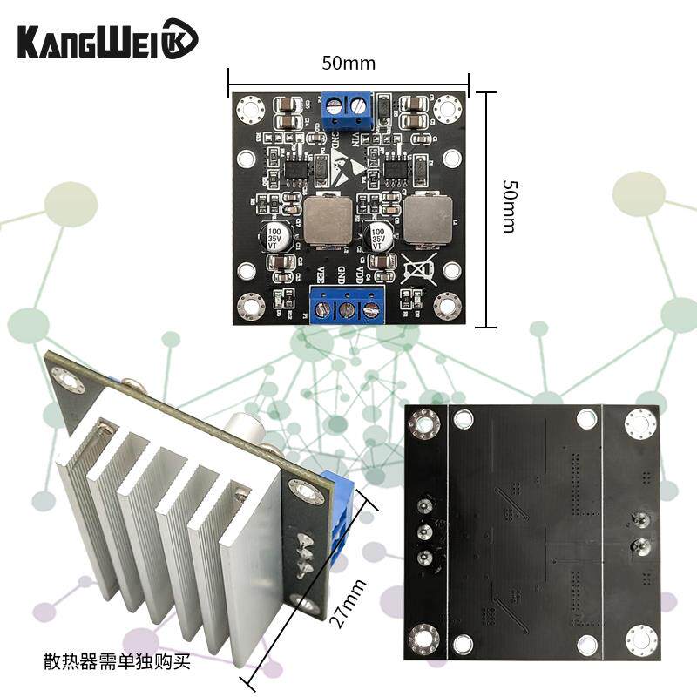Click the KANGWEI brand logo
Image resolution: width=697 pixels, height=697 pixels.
pyautogui.click(x=107, y=39)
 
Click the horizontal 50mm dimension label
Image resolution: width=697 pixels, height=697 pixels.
pyautogui.click(x=348, y=63)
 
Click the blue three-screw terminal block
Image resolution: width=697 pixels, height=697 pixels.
pyautogui.click(x=348, y=307)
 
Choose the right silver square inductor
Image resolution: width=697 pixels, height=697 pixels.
pyautogui.click(x=429, y=220)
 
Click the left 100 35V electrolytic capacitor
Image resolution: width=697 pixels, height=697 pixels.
pyautogui.click(x=275, y=238)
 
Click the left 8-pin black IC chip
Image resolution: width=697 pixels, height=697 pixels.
pyautogui.click(x=297, y=166)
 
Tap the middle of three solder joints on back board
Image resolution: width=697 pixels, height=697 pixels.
pyautogui.click(x=426, y=531)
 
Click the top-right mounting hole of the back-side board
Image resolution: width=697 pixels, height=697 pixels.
pyautogui.click(x=640, y=424)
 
